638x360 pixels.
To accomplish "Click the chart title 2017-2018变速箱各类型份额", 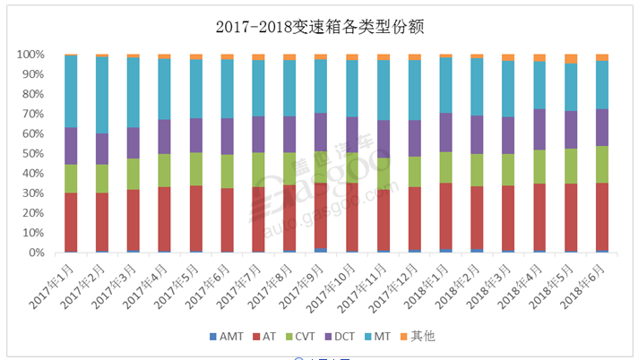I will [x=319, y=26].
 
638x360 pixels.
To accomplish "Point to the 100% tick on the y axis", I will [x=30, y=55].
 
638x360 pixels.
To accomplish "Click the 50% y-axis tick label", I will [x=33, y=153].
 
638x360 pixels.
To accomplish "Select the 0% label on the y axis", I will [x=37, y=253].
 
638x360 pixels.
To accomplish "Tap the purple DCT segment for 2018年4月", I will [x=539, y=129].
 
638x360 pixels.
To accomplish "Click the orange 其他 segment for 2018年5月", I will [x=571, y=59].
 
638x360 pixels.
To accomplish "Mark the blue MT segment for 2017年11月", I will [x=384, y=90].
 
